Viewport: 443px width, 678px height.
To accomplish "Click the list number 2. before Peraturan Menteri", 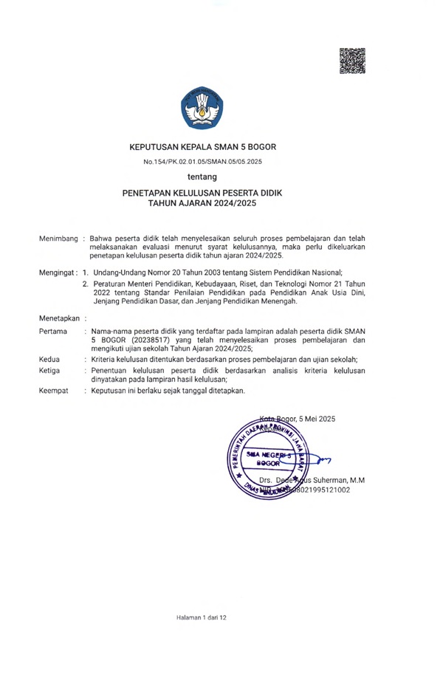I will point(86,284).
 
